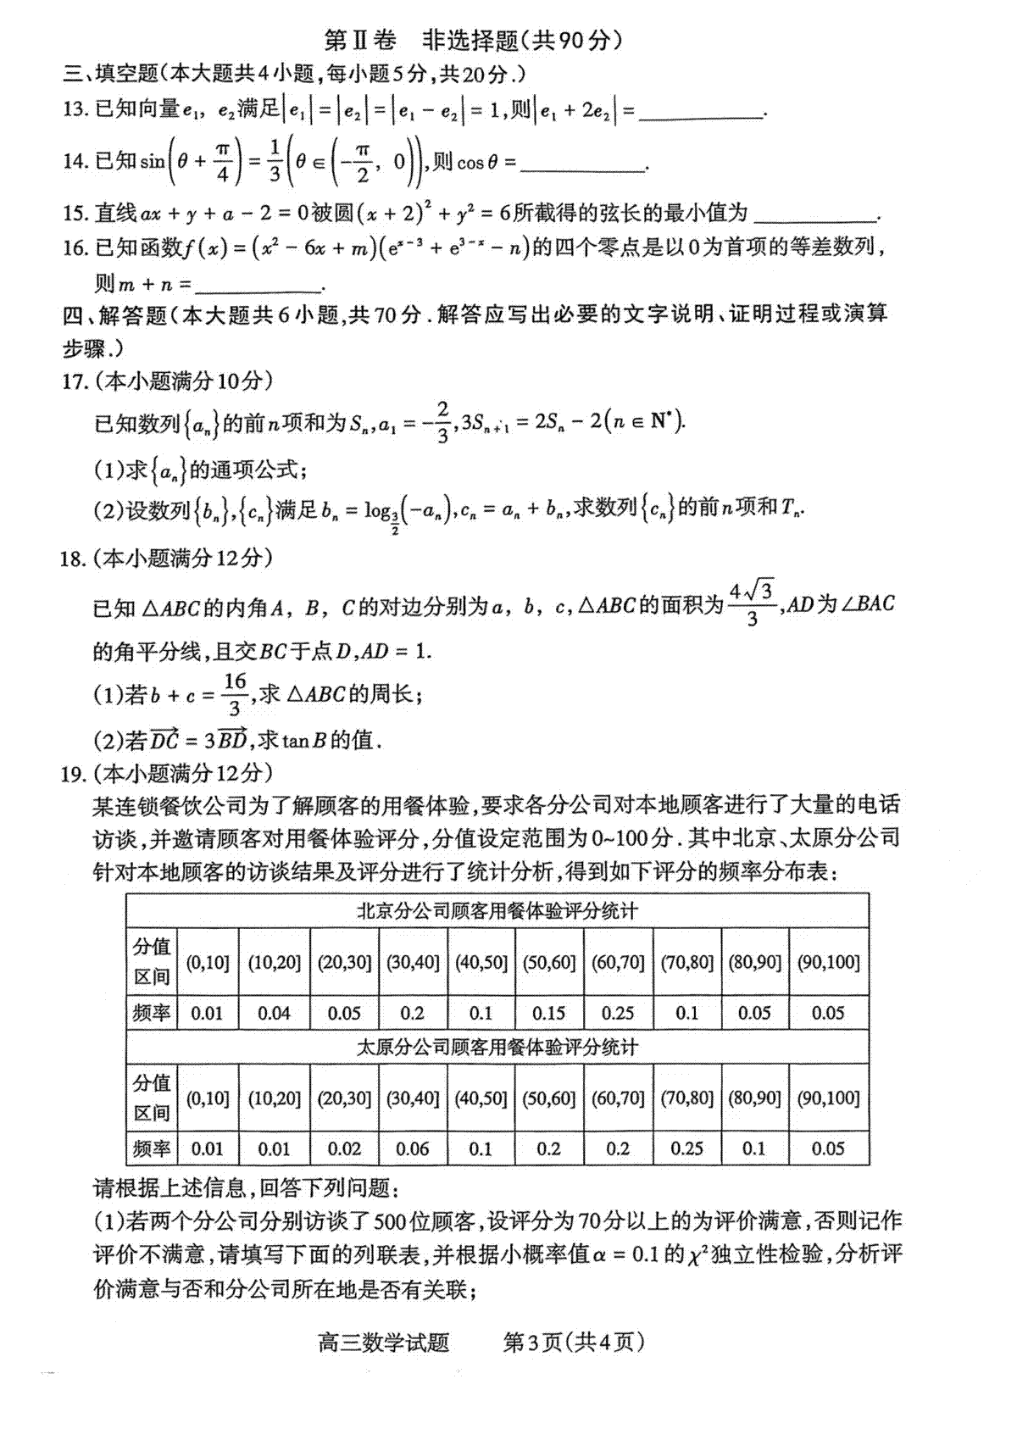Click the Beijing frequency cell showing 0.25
tap(618, 1013)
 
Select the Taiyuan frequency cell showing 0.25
tap(686, 1148)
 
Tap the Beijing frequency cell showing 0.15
tap(549, 1013)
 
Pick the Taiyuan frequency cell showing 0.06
tap(413, 1148)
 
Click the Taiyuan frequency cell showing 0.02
tap(344, 1148)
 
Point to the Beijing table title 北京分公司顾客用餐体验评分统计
tap(497, 911)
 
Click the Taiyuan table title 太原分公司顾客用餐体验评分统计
tap(497, 1048)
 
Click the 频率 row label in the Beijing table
tap(152, 1013)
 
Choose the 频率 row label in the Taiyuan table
tap(152, 1148)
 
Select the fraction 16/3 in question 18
tap(235, 694)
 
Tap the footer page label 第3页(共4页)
tap(574, 1343)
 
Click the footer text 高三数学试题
tap(383, 1343)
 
